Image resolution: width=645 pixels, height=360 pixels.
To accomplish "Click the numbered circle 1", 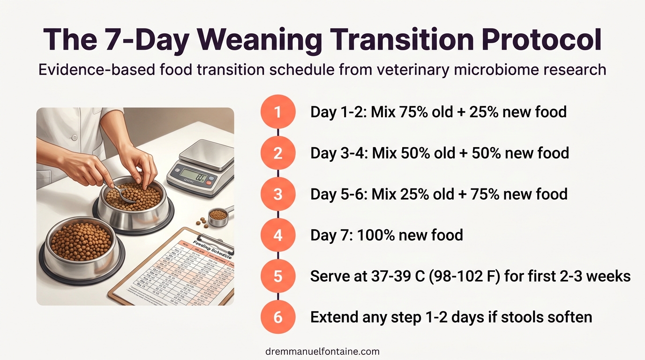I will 278,112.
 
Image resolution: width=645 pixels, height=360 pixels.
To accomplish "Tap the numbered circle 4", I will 278,235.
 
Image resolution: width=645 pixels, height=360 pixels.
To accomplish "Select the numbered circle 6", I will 278,317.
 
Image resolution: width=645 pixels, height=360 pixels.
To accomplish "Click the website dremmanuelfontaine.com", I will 322,351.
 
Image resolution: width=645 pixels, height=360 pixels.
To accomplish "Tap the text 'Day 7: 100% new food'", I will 387,235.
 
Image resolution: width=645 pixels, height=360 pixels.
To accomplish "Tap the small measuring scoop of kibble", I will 218,216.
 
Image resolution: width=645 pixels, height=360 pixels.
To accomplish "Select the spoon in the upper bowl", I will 123,193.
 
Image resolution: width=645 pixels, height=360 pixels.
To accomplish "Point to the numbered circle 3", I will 278,194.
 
